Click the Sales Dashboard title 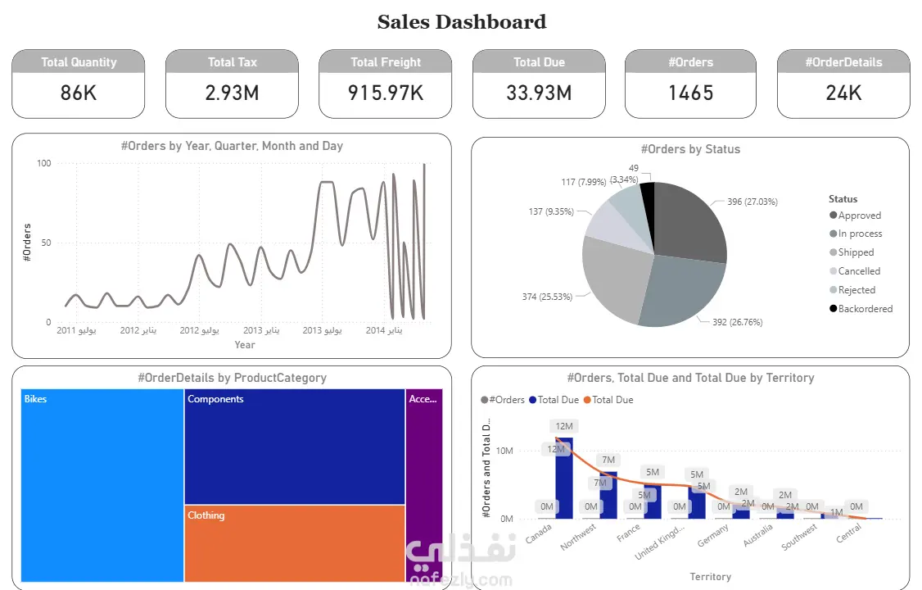click(x=461, y=22)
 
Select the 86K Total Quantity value click(x=79, y=93)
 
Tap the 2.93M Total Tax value click(x=232, y=93)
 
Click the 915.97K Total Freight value click(x=385, y=93)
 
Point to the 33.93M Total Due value click(x=539, y=93)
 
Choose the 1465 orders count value click(x=690, y=93)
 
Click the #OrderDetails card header click(x=843, y=62)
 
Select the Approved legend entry click(x=859, y=216)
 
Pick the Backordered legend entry click(x=865, y=309)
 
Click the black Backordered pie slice click(x=648, y=197)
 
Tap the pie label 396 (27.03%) click(x=746, y=202)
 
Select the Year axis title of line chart click(x=245, y=345)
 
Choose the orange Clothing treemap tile click(x=294, y=543)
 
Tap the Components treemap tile click(x=294, y=447)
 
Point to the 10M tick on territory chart click(x=504, y=452)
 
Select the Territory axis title click(x=710, y=577)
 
